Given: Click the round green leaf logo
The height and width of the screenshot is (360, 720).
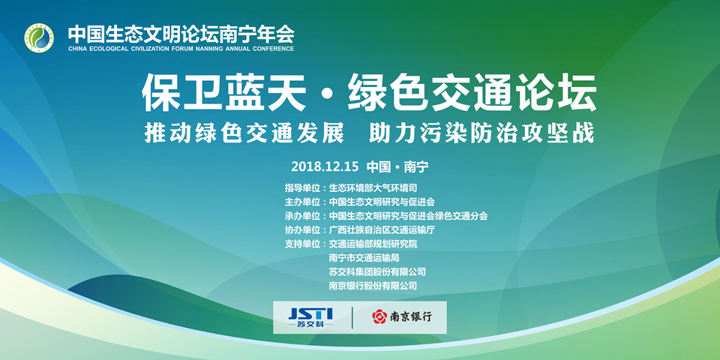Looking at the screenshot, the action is click(39, 37).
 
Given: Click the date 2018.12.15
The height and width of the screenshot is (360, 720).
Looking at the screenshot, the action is click(325, 166).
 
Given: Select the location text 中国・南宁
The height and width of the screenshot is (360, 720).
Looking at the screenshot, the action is click(397, 166).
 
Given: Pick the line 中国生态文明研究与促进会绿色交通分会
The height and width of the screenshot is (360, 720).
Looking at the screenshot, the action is click(408, 216).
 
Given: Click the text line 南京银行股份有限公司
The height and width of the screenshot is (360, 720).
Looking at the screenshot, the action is click(373, 286).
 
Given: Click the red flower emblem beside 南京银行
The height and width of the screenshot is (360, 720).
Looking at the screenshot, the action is click(379, 316).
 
